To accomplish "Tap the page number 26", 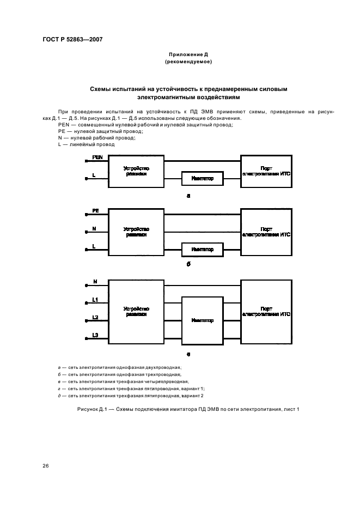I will [46, 466].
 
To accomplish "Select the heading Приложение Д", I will [188, 54].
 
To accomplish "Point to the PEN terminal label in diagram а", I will [97, 157].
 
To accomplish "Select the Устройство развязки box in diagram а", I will [136, 171].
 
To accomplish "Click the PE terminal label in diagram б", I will [95, 210].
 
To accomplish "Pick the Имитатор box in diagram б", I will [202, 250].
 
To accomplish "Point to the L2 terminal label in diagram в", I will [95, 317].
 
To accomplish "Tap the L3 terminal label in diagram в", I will [95, 335].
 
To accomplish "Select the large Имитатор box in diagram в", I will [202, 320].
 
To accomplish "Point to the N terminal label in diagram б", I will [94, 228].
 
